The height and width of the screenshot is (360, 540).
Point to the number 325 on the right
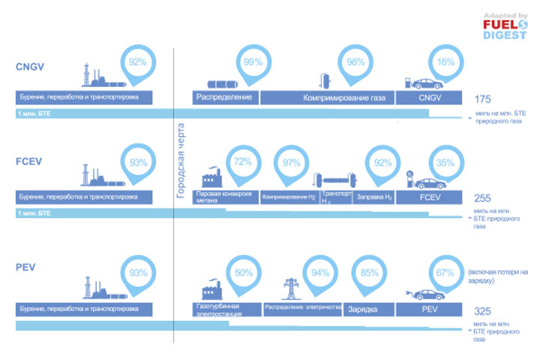[x=483, y=310]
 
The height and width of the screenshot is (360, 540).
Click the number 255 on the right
[x=483, y=199]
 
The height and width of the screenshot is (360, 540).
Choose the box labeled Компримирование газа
[x=327, y=97]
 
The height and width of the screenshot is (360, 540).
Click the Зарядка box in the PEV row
[x=368, y=308]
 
